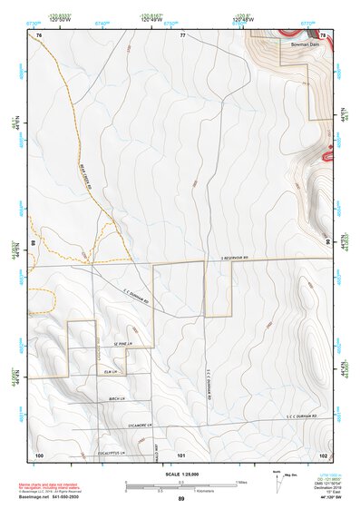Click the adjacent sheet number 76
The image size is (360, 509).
click(39, 34)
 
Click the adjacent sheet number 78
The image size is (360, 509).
click(323, 34)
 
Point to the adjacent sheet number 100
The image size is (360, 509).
click(39, 454)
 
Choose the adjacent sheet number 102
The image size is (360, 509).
click(323, 454)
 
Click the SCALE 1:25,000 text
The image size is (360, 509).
click(181, 475)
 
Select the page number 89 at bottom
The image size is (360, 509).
click(181, 499)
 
